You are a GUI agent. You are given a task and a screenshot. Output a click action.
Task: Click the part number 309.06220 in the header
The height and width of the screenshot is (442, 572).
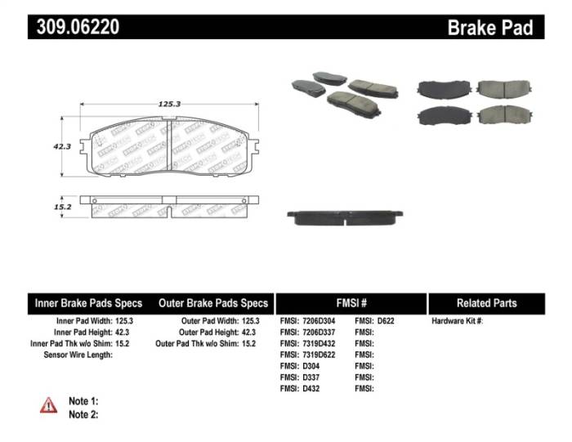click(x=78, y=27)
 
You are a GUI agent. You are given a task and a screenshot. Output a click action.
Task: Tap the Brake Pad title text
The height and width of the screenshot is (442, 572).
click(x=489, y=27)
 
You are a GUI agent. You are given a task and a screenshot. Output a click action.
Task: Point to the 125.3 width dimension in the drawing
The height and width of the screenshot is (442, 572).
click(x=169, y=104)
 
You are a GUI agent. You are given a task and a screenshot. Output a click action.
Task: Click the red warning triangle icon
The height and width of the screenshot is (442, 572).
click(x=49, y=405)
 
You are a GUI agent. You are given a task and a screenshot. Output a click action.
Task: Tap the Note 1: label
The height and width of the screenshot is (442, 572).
click(x=83, y=401)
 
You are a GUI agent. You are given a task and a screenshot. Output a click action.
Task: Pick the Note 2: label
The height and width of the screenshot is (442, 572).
click(x=83, y=414)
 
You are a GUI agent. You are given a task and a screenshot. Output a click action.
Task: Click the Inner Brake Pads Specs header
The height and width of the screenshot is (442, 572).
click(x=88, y=303)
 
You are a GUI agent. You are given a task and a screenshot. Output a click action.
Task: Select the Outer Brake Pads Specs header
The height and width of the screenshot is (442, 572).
click(x=213, y=303)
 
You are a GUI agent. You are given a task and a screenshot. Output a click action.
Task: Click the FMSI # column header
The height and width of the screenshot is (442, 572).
click(x=351, y=303)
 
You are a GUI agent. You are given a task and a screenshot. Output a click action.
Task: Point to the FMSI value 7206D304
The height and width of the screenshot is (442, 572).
click(x=319, y=321)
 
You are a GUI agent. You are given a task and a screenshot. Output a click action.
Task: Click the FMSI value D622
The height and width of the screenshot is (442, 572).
click(x=385, y=321)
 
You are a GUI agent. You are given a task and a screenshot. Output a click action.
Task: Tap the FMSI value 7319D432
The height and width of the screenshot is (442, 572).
click(x=319, y=344)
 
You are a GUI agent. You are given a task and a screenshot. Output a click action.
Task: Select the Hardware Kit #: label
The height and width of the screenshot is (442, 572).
click(x=458, y=321)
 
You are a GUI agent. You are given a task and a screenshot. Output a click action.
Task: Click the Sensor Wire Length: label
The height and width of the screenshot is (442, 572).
click(x=77, y=355)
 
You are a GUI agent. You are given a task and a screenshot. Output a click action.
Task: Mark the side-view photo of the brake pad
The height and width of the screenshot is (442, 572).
click(x=345, y=217)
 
